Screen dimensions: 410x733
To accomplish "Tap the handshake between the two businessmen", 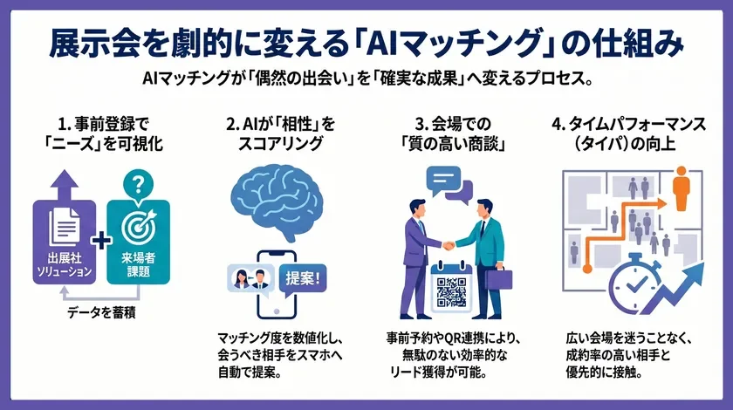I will tap(448, 245).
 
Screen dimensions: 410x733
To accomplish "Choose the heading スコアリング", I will tap(279, 143).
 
